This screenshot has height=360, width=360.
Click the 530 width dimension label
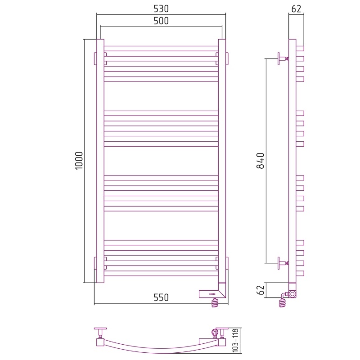161,9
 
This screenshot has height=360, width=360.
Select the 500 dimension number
161,21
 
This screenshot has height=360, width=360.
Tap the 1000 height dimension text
79,161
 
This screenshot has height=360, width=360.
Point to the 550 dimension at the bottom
161,297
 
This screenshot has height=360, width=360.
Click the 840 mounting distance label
261,161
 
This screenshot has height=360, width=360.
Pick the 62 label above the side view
296,9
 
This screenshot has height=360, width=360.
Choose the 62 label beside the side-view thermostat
261,290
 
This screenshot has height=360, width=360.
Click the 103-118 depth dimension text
235,341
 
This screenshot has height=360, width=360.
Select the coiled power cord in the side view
283,301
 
